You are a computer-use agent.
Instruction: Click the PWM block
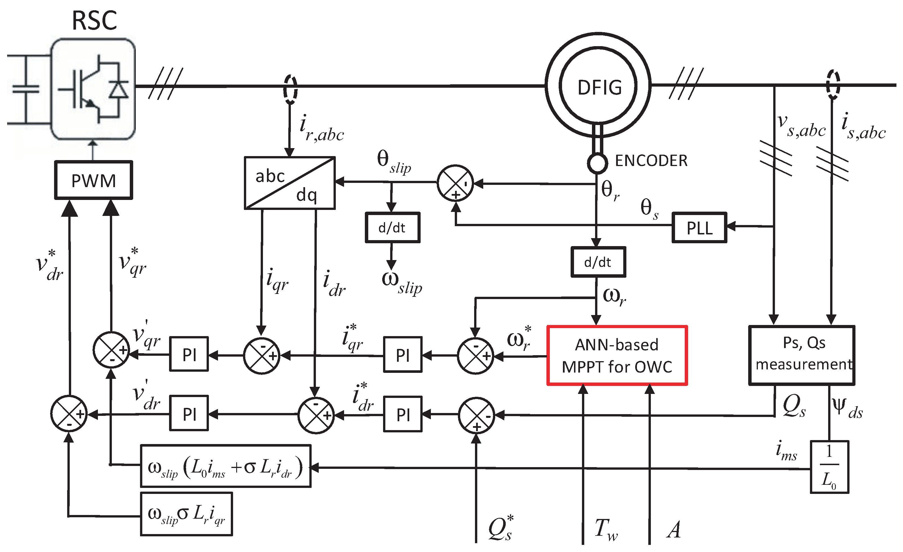(93, 180)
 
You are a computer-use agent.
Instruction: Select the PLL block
(699, 228)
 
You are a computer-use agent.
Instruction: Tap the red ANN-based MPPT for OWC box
(617, 355)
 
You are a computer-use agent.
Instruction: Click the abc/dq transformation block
(289, 183)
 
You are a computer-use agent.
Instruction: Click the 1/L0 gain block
(829, 467)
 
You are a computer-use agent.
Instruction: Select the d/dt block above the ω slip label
(392, 228)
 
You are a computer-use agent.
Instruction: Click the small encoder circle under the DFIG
(597, 162)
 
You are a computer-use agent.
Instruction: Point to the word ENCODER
(651, 161)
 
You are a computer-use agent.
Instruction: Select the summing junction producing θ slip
(455, 183)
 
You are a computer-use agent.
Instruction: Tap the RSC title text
(94, 21)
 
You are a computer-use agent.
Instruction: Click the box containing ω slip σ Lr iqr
(186, 514)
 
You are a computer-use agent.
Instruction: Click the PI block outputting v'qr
(189, 354)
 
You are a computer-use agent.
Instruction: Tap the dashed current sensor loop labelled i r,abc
(290, 89)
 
